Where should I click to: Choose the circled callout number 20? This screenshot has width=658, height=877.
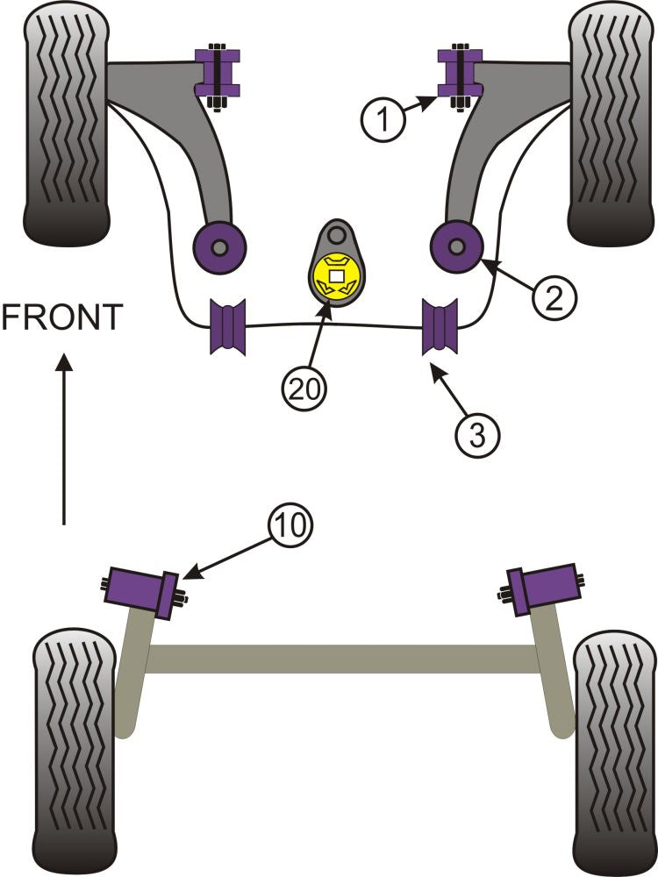[x=304, y=388]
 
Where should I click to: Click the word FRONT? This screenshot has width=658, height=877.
[x=61, y=317]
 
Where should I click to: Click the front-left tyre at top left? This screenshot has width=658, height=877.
[x=66, y=127]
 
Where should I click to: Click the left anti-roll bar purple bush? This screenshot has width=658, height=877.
[x=228, y=326]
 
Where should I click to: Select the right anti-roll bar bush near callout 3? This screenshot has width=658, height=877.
[x=440, y=326]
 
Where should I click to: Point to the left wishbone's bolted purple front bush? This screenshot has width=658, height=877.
[x=216, y=75]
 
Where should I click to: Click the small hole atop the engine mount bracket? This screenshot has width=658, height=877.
[x=337, y=234]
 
